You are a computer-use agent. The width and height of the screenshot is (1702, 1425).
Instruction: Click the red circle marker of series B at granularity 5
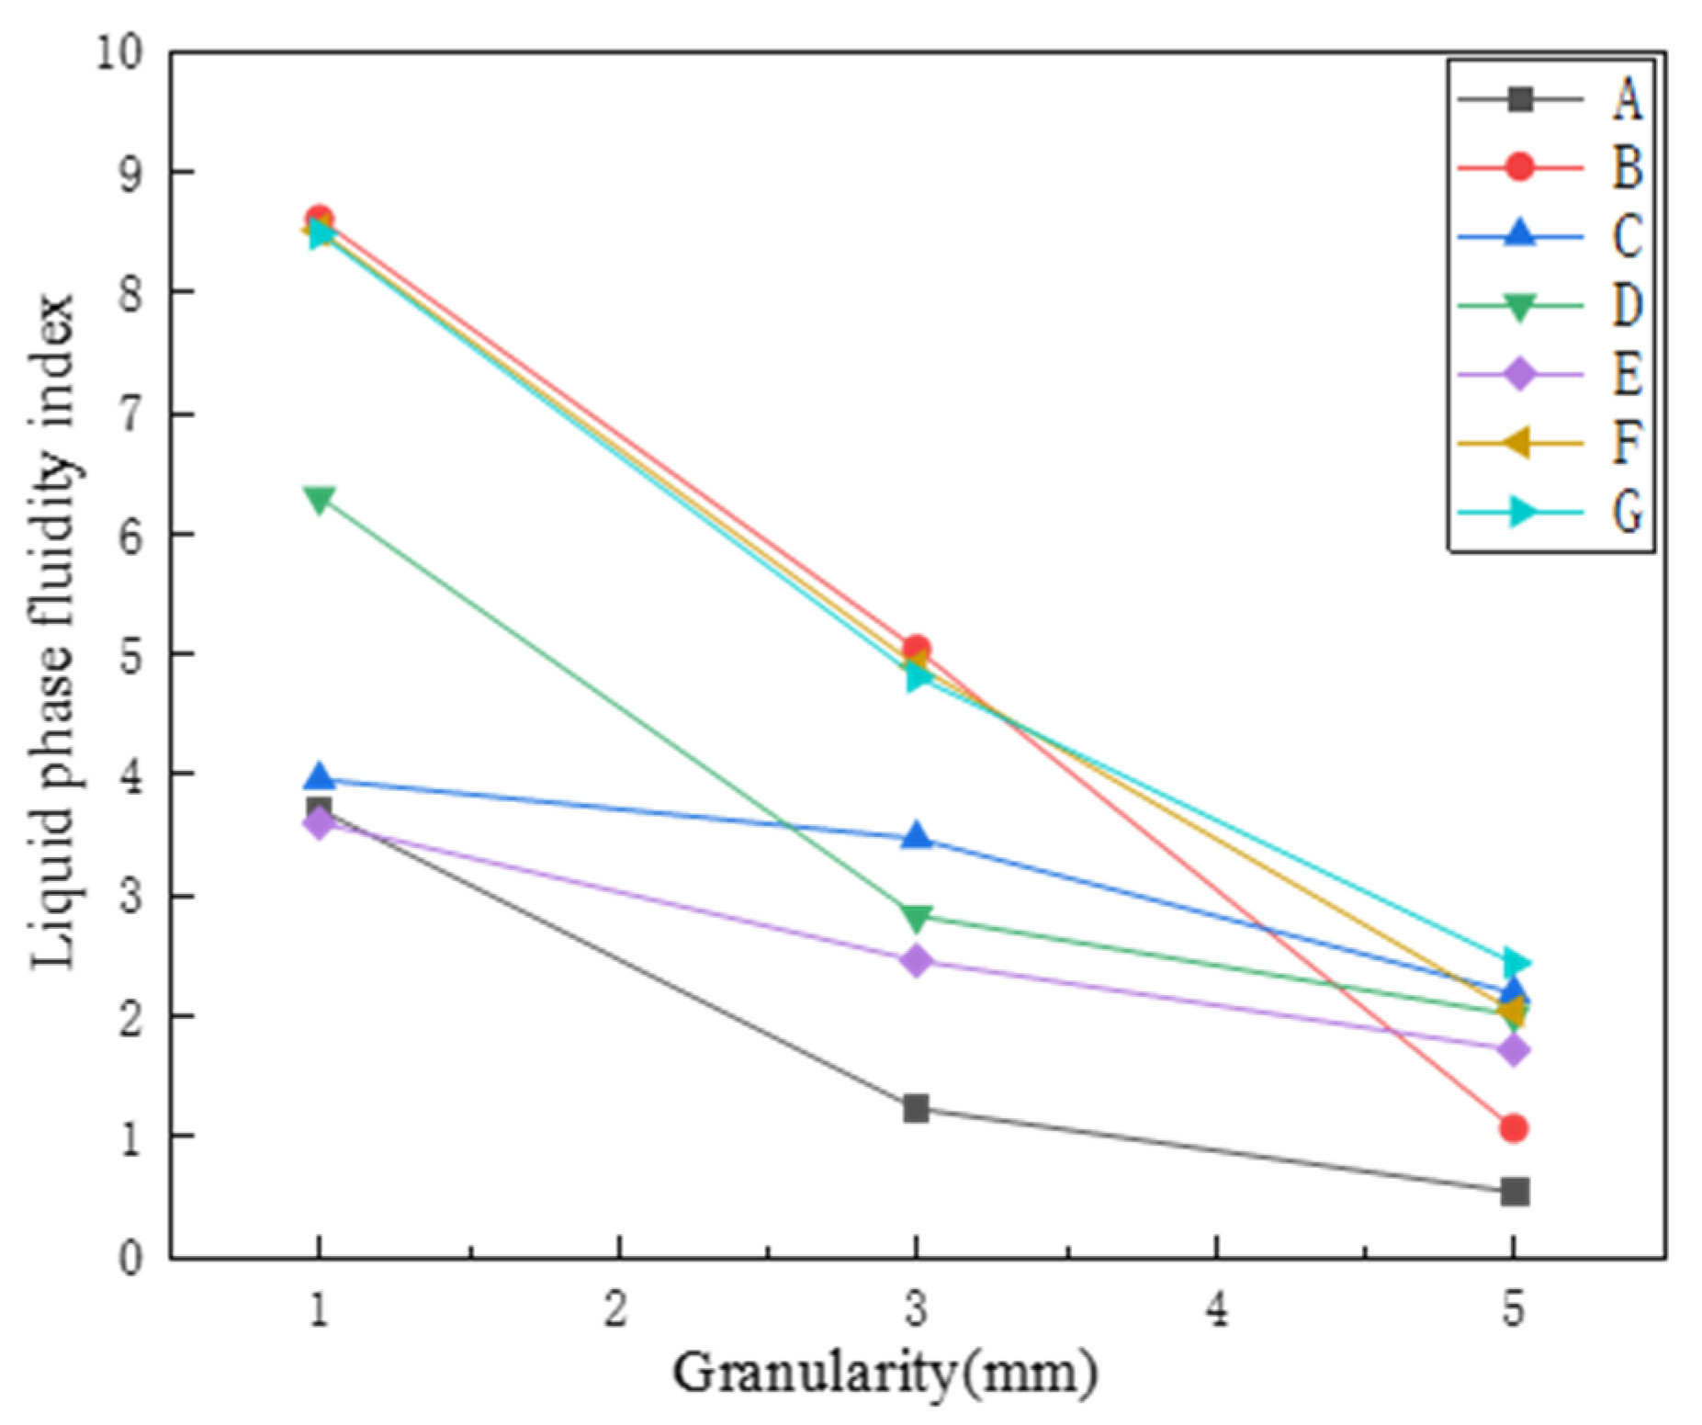pyautogui.click(x=1514, y=1127)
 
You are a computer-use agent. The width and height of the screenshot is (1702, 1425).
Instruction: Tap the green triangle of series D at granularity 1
pyautogui.click(x=319, y=500)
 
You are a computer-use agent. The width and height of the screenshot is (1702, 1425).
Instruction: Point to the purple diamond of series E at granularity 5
pyautogui.click(x=1514, y=1049)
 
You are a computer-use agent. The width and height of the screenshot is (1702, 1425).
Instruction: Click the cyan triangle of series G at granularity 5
pyautogui.click(x=1516, y=963)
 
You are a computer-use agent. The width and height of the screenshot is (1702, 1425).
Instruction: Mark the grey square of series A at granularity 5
pyautogui.click(x=1514, y=1192)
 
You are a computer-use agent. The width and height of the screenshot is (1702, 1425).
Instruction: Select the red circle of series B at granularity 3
pyautogui.click(x=915, y=649)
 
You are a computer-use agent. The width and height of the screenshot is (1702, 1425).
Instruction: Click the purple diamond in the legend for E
pyautogui.click(x=1520, y=374)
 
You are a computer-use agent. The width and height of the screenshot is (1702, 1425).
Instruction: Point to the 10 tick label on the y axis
pyautogui.click(x=120, y=52)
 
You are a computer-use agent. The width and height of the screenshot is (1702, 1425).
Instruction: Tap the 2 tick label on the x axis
pyautogui.click(x=616, y=1308)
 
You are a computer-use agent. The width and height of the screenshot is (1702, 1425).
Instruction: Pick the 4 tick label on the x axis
pyautogui.click(x=1215, y=1308)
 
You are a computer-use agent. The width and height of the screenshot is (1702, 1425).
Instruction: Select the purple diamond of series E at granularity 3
pyautogui.click(x=915, y=961)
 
